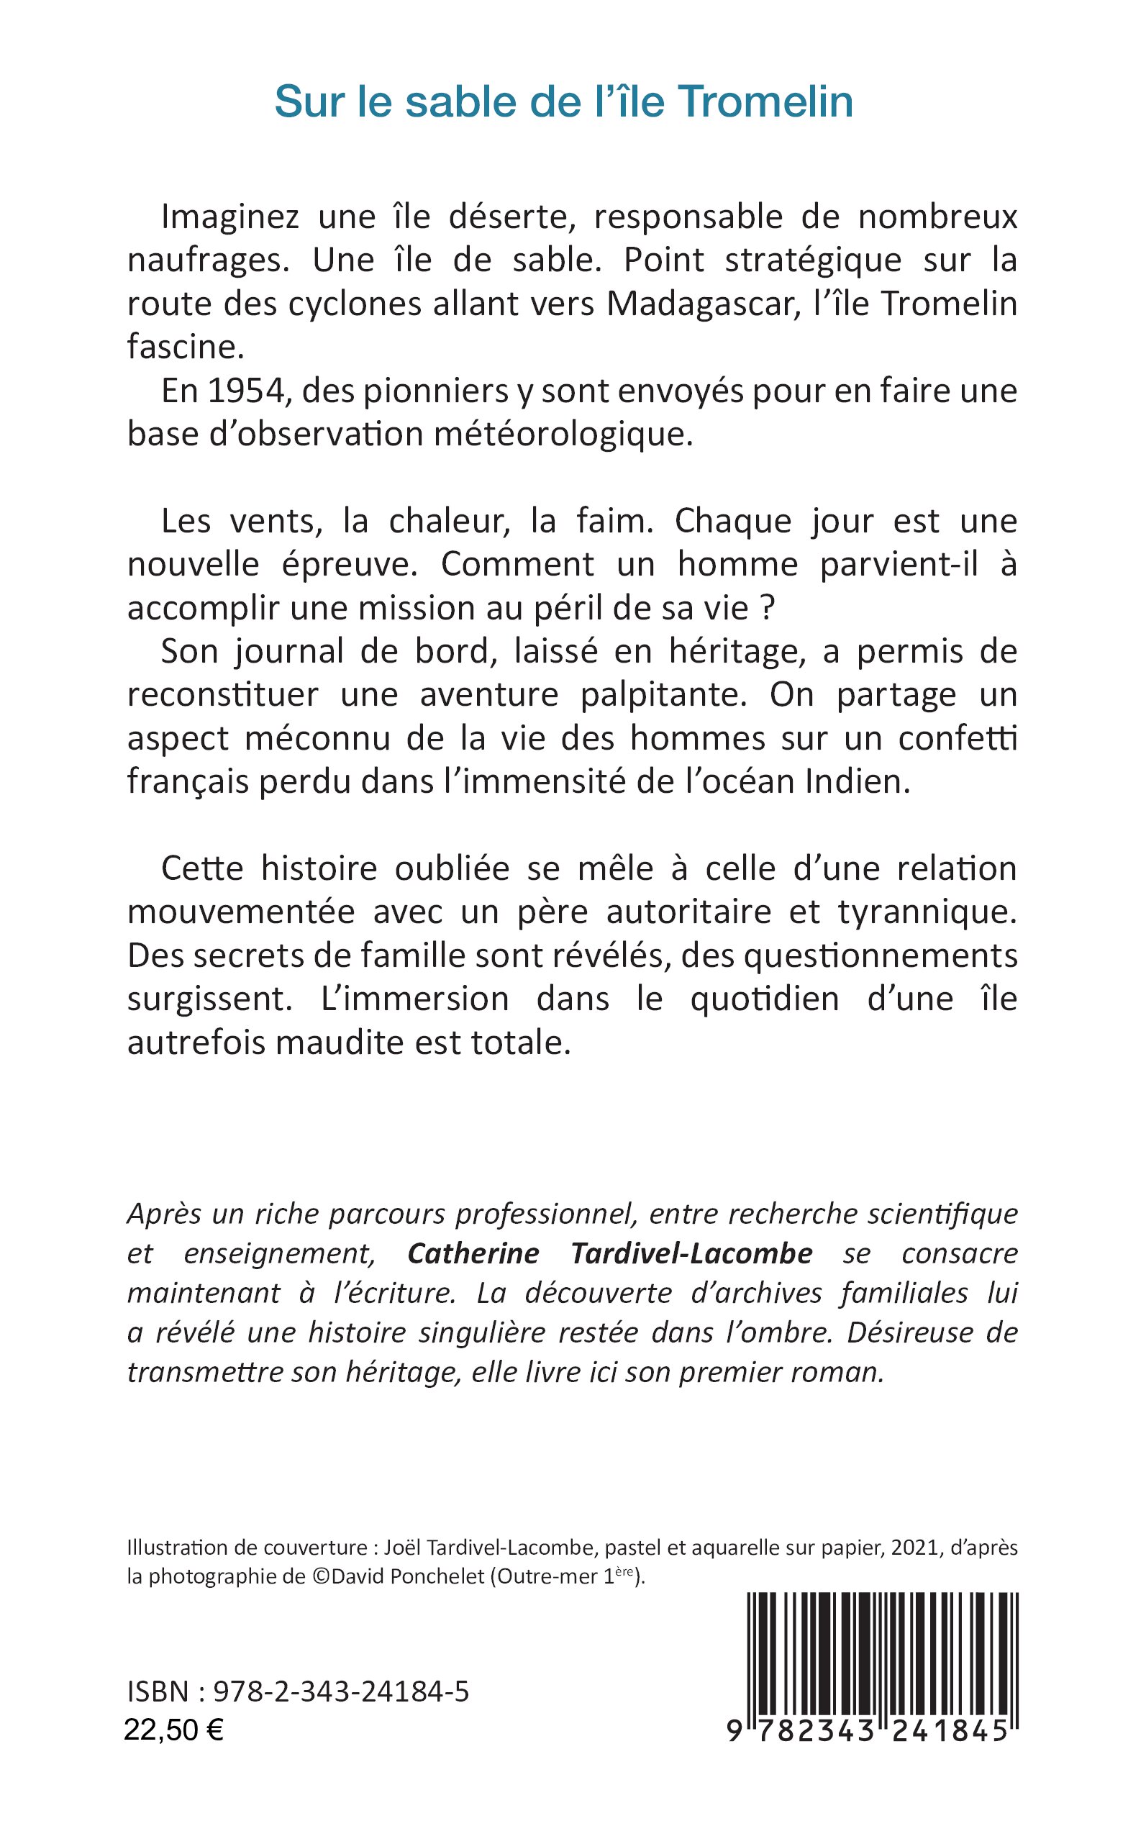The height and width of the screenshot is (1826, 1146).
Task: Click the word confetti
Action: (958, 738)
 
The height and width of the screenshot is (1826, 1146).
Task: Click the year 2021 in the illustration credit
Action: (918, 1548)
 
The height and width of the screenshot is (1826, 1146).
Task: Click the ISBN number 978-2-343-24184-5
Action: (341, 1693)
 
